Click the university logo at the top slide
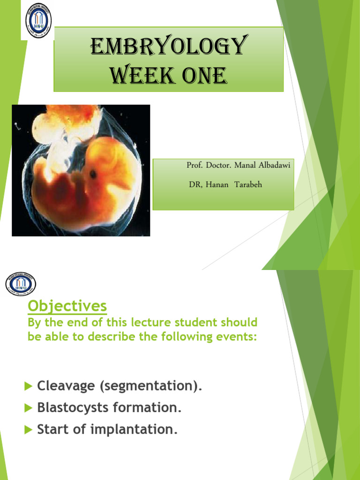(x=38, y=21)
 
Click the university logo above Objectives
(x=21, y=284)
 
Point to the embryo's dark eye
(x=93, y=174)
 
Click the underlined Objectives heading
(x=67, y=306)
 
